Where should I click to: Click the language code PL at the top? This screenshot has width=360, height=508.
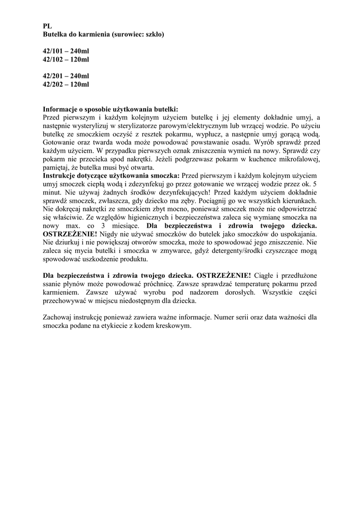point(47,25)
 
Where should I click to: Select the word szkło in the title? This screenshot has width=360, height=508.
point(152,34)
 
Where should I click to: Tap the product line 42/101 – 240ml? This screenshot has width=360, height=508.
point(66,51)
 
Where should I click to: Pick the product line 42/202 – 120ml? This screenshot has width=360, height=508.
point(66,84)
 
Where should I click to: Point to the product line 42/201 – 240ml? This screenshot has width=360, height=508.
point(66,76)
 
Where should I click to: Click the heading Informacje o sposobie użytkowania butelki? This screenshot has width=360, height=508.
point(110,109)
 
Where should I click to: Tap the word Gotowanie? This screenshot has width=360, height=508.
point(60,142)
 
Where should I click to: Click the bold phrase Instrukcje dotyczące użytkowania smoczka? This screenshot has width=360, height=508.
point(112,176)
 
